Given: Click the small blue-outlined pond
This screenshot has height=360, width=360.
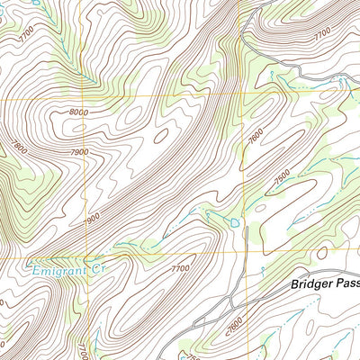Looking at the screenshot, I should [x=234, y=221].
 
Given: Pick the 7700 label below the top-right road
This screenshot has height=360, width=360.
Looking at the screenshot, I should [x=322, y=33].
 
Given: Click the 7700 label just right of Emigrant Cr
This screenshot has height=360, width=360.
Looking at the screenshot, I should [x=181, y=268].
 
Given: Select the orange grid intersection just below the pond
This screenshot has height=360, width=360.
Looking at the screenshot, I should [x=244, y=252].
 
